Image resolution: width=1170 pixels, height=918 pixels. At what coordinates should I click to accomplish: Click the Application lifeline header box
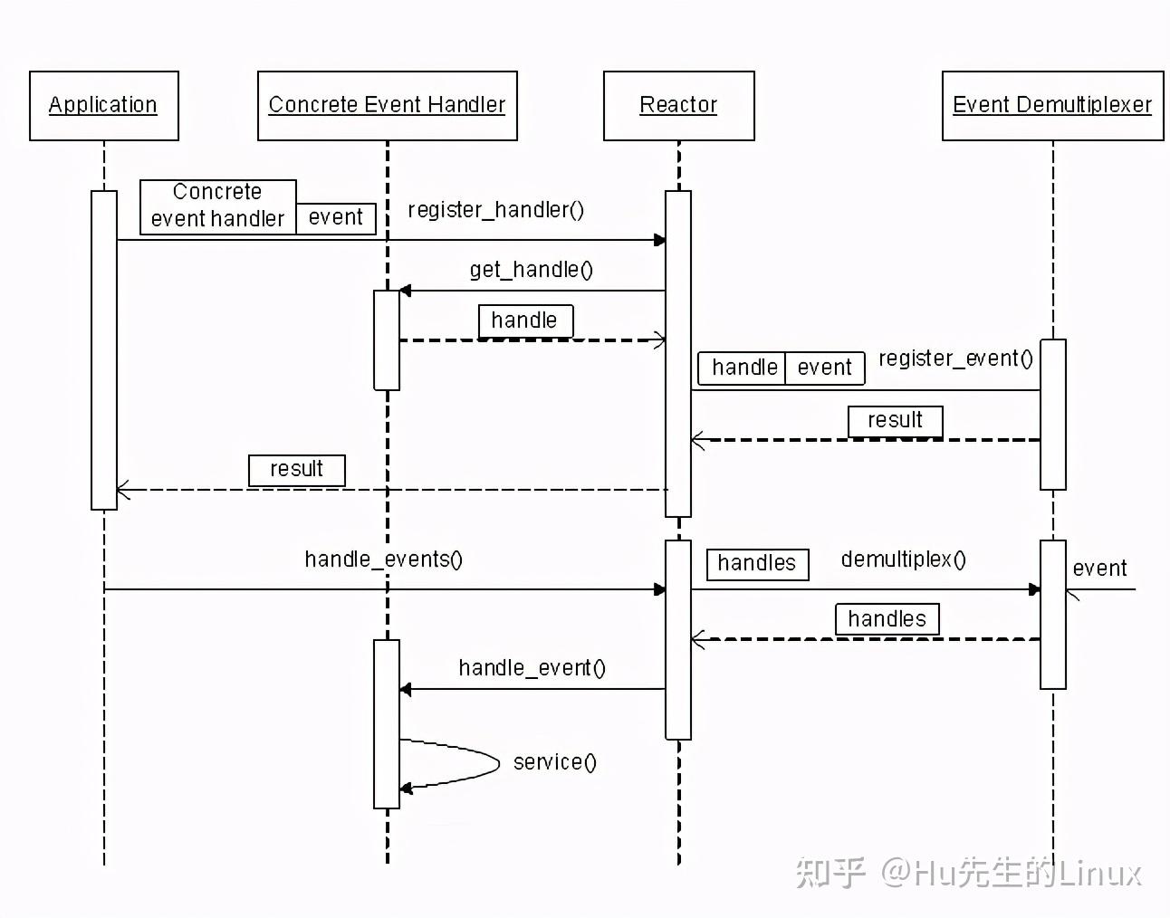(103, 106)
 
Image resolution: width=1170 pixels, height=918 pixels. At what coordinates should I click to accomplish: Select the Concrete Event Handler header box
(387, 106)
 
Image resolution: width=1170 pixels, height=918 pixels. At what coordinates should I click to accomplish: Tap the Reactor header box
(678, 106)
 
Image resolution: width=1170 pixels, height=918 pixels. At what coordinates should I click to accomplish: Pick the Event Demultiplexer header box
(1052, 106)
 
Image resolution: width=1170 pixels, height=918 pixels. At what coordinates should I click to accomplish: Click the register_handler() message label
(495, 210)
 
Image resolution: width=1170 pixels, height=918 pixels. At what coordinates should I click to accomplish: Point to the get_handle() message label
(531, 270)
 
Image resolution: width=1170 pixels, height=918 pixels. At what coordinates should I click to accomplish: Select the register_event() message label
(955, 359)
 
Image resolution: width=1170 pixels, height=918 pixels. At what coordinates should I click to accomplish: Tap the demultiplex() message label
(903, 559)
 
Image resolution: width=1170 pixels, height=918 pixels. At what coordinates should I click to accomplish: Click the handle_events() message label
(383, 559)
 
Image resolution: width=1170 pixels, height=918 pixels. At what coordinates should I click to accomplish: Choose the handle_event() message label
(532, 668)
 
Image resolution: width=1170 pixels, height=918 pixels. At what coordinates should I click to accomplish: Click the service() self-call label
(554, 762)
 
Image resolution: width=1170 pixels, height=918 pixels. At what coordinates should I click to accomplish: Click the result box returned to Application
(296, 470)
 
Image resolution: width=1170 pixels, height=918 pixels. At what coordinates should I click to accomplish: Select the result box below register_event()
(895, 421)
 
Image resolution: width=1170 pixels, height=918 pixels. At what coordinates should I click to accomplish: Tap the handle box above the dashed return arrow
(524, 320)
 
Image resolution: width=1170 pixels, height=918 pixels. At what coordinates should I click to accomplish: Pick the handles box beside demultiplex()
(756, 563)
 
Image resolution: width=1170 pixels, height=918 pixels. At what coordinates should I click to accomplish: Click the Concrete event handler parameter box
(217, 206)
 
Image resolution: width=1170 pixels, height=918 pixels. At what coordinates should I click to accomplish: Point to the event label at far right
(1099, 569)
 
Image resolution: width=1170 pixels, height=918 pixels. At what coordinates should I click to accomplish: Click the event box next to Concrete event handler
(335, 218)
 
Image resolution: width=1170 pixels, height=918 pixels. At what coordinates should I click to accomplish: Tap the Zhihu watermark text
(967, 873)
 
